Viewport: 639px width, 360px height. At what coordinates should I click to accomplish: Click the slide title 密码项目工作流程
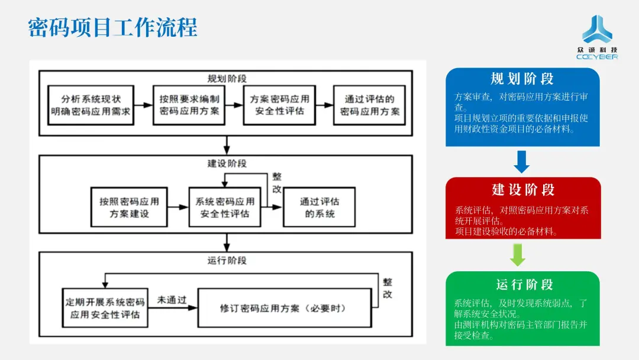112,27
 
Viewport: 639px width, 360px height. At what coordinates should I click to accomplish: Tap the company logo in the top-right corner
596,37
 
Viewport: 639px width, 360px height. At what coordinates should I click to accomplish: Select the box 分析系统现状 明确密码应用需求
91,105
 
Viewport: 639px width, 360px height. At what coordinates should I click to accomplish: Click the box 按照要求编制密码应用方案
189,105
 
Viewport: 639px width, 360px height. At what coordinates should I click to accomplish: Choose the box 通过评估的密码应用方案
369,105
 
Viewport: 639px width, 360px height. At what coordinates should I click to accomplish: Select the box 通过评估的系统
319,207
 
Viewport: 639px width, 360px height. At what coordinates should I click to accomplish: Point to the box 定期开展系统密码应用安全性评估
105,308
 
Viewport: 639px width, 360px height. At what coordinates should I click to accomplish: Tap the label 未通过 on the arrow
172,300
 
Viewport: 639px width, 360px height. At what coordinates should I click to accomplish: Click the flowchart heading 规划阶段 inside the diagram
227,79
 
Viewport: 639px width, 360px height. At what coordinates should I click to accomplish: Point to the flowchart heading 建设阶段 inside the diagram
227,163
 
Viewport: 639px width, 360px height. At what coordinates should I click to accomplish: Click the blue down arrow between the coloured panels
521,162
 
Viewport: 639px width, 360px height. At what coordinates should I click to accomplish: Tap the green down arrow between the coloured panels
518,255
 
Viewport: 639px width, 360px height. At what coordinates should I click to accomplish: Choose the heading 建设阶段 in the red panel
523,189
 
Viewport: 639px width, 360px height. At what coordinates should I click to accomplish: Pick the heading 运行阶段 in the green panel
524,284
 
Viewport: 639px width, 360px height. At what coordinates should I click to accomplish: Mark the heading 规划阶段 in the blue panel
522,79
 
